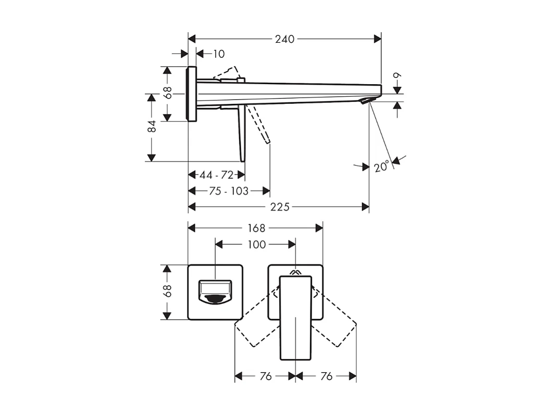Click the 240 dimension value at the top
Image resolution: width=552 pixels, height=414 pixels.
click(x=284, y=39)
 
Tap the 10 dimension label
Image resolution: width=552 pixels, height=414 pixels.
click(x=218, y=54)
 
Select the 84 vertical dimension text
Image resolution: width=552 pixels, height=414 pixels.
click(x=152, y=127)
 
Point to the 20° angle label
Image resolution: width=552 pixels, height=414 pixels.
click(x=381, y=167)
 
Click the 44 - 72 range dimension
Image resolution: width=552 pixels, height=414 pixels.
click(x=217, y=175)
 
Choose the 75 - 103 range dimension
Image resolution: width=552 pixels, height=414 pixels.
click(x=229, y=191)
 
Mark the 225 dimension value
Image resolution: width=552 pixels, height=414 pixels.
click(x=280, y=207)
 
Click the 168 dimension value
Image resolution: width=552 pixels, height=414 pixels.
click(x=256, y=228)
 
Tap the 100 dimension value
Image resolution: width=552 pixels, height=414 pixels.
click(x=257, y=245)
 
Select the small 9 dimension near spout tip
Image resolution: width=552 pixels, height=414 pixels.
click(x=397, y=76)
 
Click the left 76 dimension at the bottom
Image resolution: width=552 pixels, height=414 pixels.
click(x=265, y=376)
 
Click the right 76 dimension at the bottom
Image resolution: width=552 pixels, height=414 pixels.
click(x=326, y=376)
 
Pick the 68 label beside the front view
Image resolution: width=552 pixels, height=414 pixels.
click(x=167, y=291)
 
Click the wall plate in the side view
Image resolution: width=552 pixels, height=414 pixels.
click(x=192, y=94)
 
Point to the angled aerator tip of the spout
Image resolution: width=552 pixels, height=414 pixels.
click(x=366, y=100)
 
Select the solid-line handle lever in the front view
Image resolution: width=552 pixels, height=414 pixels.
click(x=295, y=317)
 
